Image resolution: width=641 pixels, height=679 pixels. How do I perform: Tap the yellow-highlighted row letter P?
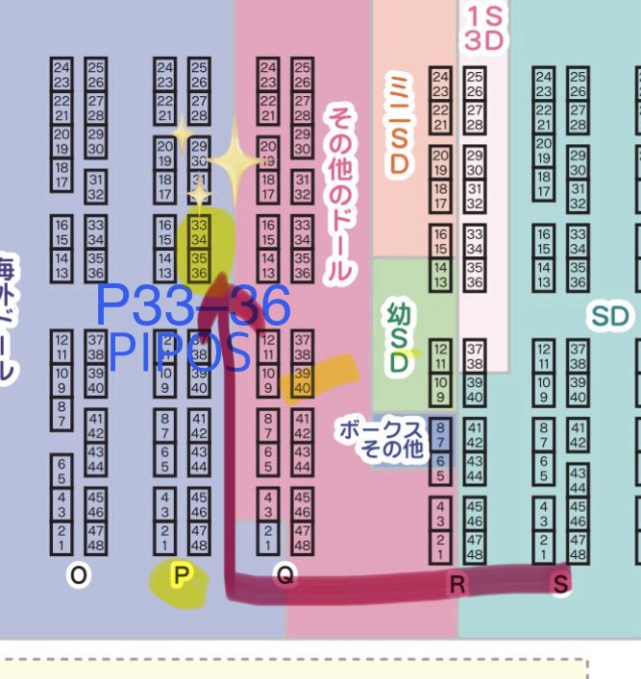(180, 576)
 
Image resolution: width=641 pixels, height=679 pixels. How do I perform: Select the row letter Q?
(284, 575)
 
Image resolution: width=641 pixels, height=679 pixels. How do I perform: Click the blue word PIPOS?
(180, 352)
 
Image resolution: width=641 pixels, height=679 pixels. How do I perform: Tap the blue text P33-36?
(192, 306)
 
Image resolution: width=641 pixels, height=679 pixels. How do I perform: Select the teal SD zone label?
(609, 316)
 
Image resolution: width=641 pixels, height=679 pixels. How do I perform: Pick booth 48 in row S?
(578, 555)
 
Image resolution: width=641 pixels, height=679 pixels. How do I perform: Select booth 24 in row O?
(62, 67)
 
